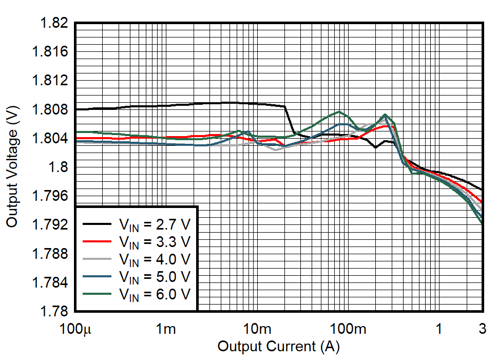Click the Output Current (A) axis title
(x=278, y=347)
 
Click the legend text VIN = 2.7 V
(x=154, y=225)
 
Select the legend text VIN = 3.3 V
(x=154, y=242)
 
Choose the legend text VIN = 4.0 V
(x=154, y=260)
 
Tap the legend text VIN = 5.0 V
(x=154, y=277)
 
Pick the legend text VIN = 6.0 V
(x=154, y=295)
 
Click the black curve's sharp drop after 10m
(x=289, y=120)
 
